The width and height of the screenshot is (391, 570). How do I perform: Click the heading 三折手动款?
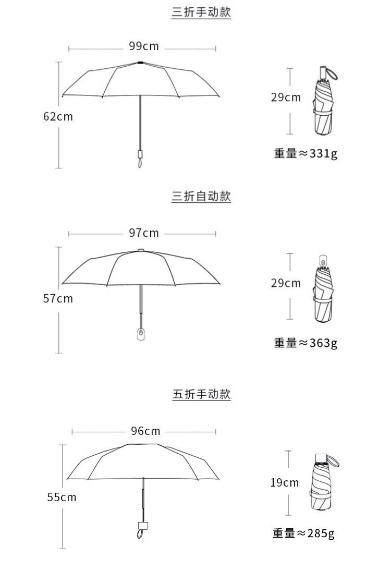tap(201, 13)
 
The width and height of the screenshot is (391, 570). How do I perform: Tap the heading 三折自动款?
tap(201, 197)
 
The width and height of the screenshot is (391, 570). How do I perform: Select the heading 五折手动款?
tap(201, 394)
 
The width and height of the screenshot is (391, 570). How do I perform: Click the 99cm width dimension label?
tap(144, 46)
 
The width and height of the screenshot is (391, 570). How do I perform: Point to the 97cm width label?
tap(144, 233)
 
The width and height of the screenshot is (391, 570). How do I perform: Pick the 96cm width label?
tap(145, 431)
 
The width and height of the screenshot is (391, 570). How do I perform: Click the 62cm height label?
tap(58, 116)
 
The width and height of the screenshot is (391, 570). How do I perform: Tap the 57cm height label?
tap(58, 299)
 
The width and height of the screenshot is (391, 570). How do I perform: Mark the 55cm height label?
tap(62, 497)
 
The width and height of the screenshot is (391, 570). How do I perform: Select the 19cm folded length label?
tap(285, 482)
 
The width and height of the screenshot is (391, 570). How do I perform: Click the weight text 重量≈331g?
tap(306, 154)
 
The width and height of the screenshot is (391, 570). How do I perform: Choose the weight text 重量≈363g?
tap(306, 343)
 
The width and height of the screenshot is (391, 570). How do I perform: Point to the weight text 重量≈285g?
tap(303, 533)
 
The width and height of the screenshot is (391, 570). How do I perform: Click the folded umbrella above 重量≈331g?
tap(324, 102)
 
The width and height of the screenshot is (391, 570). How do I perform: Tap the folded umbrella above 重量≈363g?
tap(323, 289)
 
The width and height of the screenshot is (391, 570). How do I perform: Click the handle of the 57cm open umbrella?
tap(141, 333)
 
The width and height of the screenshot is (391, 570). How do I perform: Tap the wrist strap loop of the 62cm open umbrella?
tap(140, 163)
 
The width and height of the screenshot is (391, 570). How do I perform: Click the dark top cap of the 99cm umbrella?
tap(141, 63)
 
